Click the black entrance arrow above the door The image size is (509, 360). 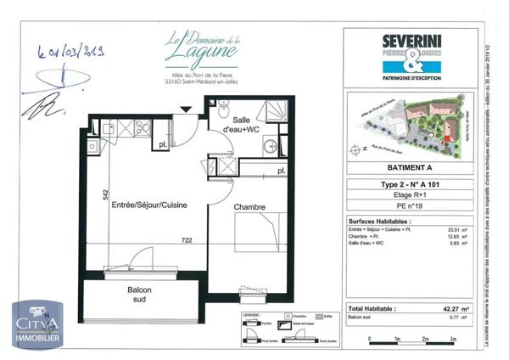[185, 108]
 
